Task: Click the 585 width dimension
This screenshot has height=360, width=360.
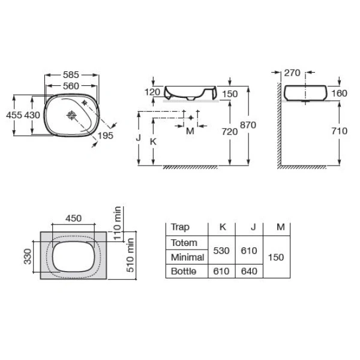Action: (x=71, y=75)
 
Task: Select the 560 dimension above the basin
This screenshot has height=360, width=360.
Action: (x=71, y=86)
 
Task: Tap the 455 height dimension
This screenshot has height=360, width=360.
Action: (x=14, y=115)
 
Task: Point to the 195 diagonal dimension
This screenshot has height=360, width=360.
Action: (x=106, y=136)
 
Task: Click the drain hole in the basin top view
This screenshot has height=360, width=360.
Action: (x=71, y=115)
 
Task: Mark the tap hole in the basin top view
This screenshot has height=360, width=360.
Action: (x=85, y=103)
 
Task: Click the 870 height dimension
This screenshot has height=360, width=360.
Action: (x=248, y=125)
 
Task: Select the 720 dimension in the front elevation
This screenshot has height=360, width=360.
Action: (x=230, y=132)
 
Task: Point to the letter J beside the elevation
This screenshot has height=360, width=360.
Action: (x=138, y=138)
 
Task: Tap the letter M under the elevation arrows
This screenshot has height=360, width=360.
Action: (x=190, y=131)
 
